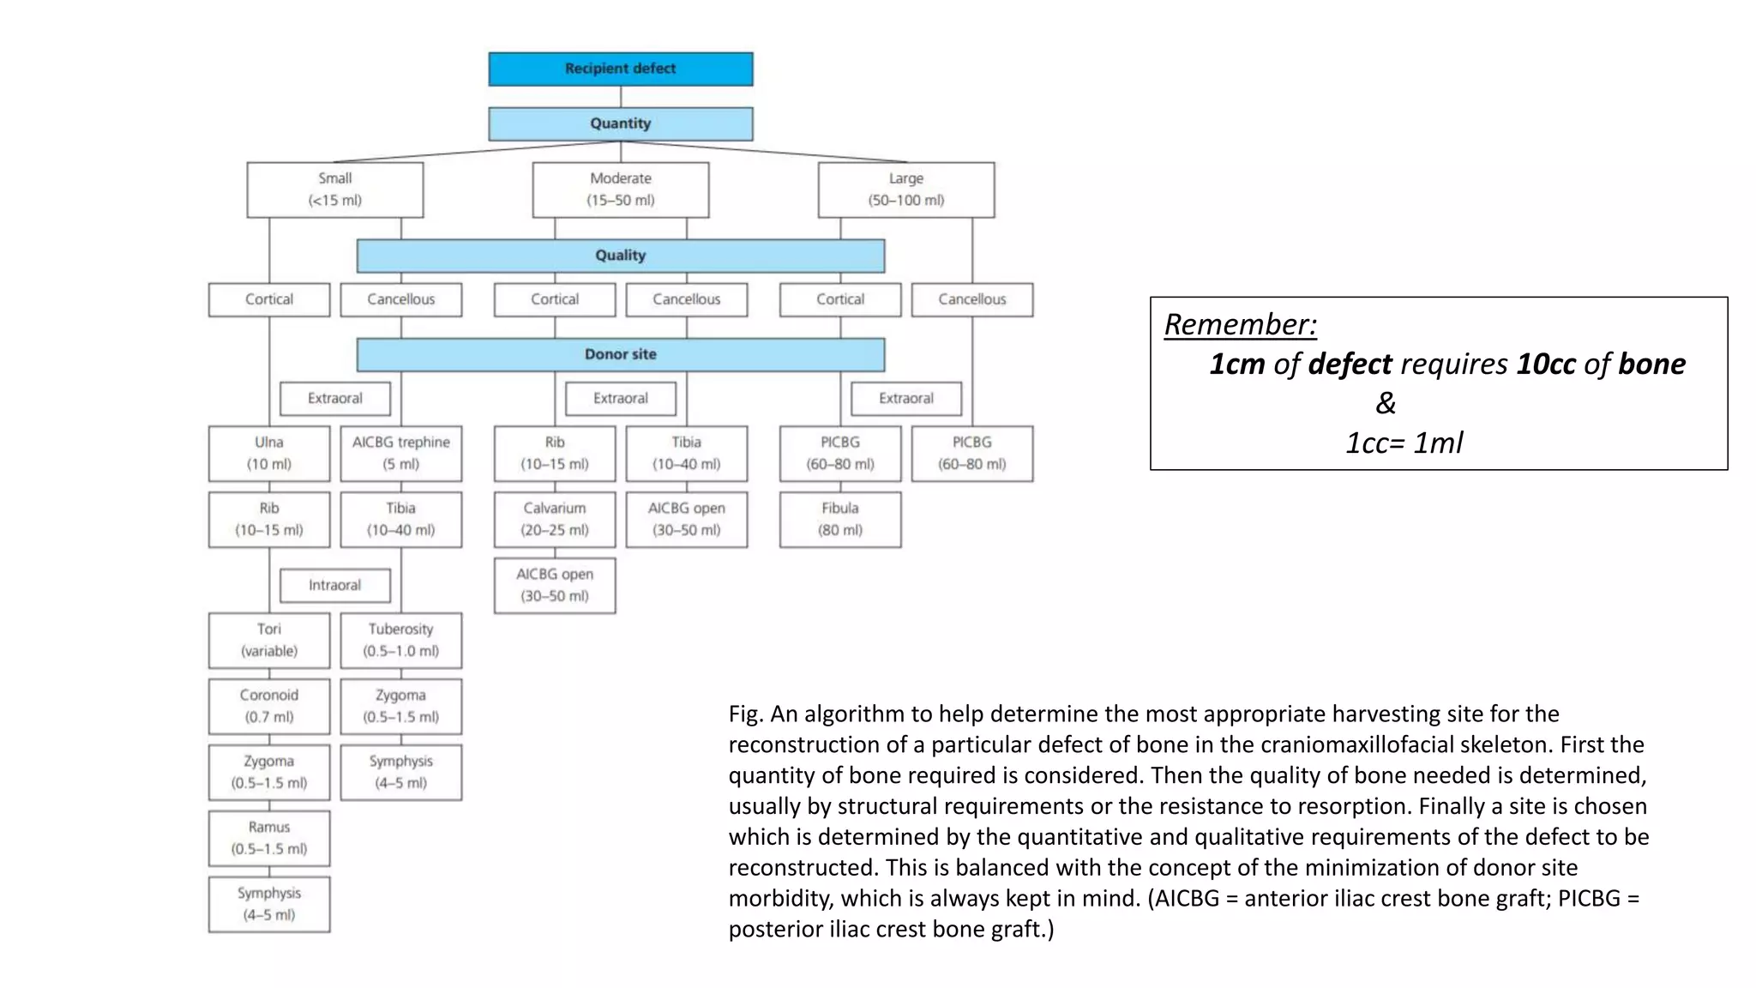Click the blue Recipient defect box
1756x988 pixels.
point(621,69)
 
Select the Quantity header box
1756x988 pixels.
point(621,123)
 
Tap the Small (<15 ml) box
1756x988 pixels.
point(335,190)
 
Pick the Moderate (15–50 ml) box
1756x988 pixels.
point(621,190)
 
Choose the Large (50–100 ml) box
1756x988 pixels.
point(906,190)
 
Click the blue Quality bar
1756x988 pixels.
point(621,256)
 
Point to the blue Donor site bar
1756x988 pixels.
point(621,354)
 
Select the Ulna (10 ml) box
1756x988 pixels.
point(269,454)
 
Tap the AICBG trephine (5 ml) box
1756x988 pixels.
point(401,454)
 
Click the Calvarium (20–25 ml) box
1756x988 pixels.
point(555,520)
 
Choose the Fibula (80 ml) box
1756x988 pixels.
point(840,520)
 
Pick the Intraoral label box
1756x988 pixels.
point(335,585)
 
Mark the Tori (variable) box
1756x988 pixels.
point(269,641)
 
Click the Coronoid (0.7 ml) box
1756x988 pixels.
point(269,707)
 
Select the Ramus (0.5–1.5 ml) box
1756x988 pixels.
point(269,838)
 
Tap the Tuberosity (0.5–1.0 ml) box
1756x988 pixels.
point(401,641)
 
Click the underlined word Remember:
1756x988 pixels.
point(1241,324)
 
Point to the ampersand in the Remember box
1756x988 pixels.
point(1386,403)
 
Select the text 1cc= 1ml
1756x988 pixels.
point(1404,443)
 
